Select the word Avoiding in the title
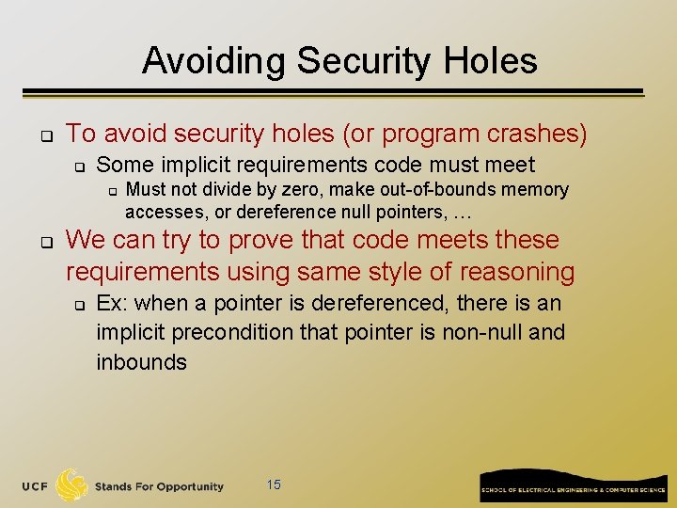[x=214, y=62]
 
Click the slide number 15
[x=274, y=484]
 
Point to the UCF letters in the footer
[x=36, y=486]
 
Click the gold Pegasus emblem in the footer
[x=71, y=484]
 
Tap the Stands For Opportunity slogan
[x=159, y=486]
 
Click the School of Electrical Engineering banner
[x=573, y=484]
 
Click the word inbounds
[x=141, y=361]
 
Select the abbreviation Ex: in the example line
[x=114, y=303]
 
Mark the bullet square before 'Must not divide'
[x=111, y=191]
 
